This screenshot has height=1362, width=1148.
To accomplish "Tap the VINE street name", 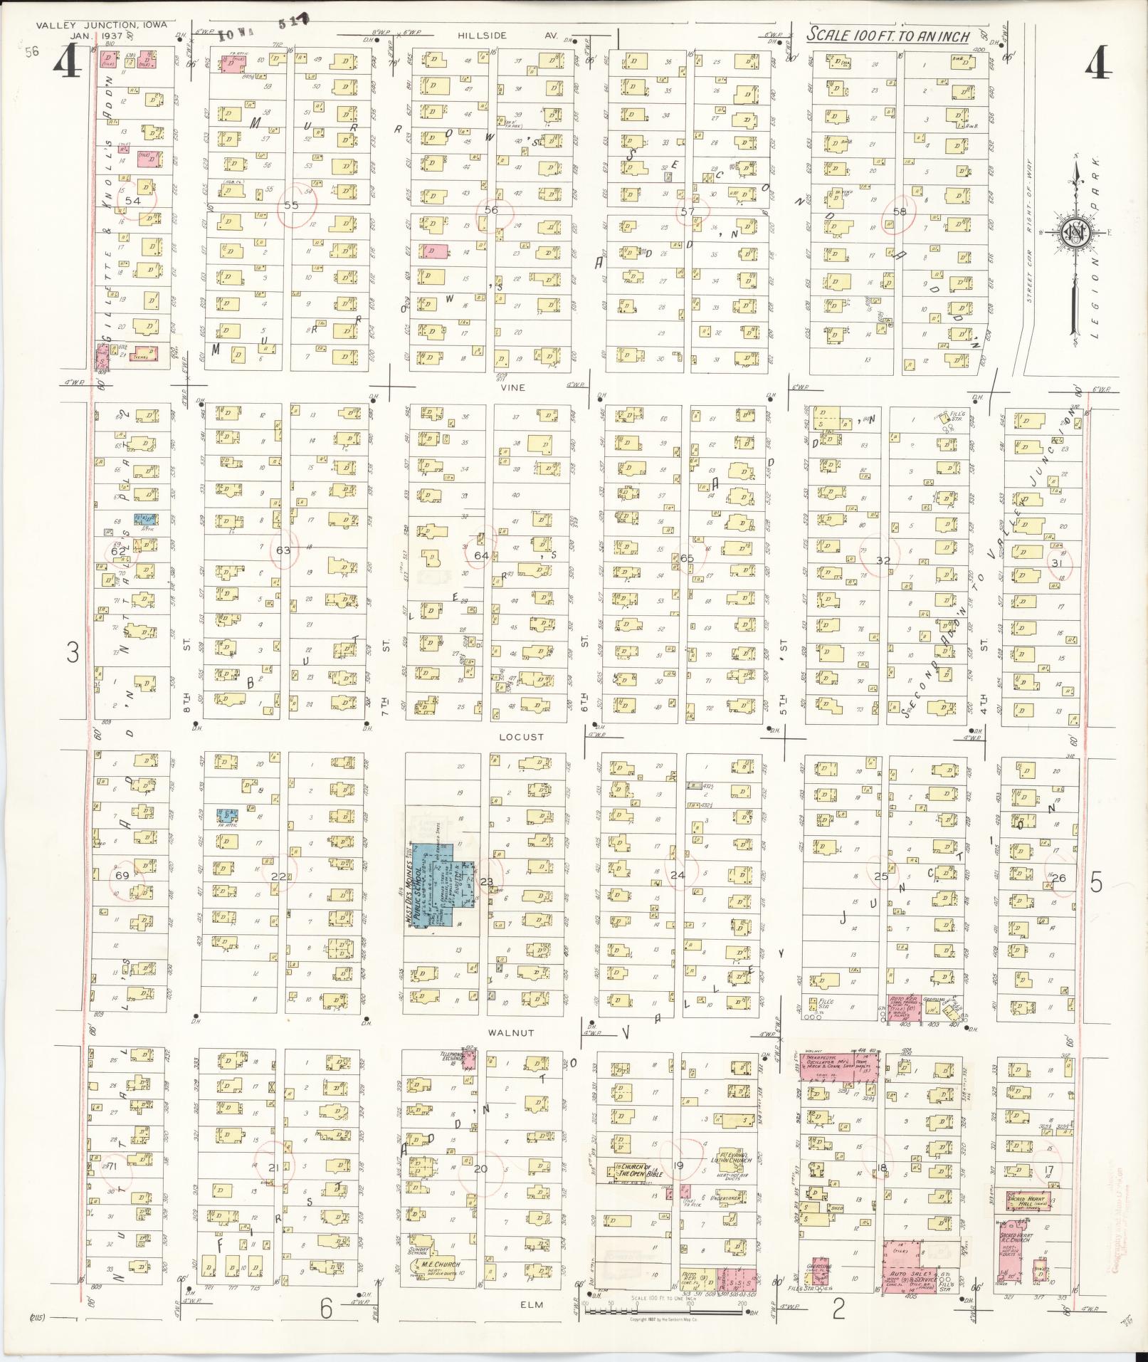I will (x=512, y=387).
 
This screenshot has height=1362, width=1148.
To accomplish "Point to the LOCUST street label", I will (x=521, y=737).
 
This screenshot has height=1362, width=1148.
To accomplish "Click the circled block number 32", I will (x=883, y=560).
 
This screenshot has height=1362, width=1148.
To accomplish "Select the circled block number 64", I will (x=482, y=555).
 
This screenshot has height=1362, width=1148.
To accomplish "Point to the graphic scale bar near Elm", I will (x=663, y=1304).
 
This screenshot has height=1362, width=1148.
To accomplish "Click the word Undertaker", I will (x=727, y=1199).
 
